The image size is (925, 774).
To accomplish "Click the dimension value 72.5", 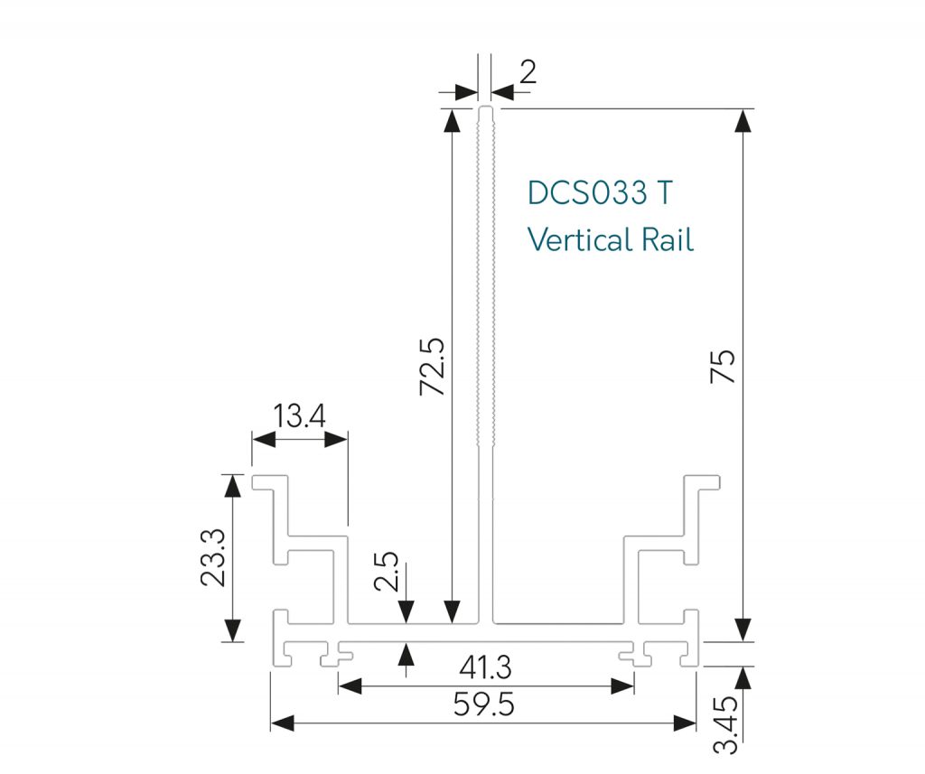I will click(x=432, y=367).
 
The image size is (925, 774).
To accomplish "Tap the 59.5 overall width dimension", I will click(x=485, y=704).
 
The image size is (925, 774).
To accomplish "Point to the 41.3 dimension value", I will click(x=485, y=668).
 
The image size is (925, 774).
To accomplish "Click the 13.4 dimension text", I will click(x=300, y=417).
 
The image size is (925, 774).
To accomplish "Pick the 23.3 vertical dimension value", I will click(x=215, y=558).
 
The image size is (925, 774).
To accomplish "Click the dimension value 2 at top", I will click(x=528, y=72).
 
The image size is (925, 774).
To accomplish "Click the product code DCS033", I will click(x=587, y=193).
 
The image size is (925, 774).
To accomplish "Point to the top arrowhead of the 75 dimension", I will click(x=743, y=118).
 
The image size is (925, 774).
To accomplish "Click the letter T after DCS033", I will click(x=664, y=193).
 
